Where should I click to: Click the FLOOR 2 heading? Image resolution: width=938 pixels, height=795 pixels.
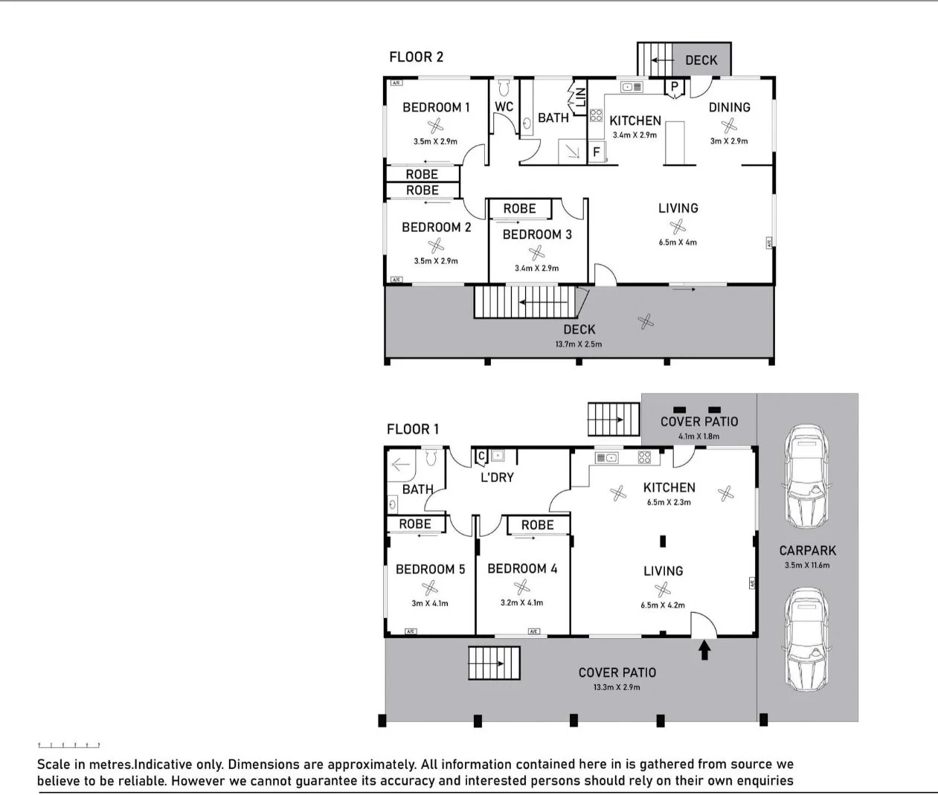click(x=416, y=57)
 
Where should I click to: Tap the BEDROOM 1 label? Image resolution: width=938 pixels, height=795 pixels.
click(x=436, y=107)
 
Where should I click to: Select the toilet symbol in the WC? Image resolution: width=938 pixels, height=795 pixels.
click(x=504, y=88)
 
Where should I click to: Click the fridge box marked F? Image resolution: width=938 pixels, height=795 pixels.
click(x=596, y=152)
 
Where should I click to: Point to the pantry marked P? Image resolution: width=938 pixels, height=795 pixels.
click(x=674, y=88)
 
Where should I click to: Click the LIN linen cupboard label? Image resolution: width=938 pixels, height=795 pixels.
click(x=581, y=97)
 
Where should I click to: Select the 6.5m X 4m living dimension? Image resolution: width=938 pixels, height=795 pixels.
click(x=678, y=242)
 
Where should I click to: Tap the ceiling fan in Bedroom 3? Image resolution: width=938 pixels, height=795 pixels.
click(x=536, y=254)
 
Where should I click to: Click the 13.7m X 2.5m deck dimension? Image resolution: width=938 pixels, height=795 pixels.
click(x=579, y=344)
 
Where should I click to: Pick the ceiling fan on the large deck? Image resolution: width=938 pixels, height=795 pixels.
click(x=646, y=321)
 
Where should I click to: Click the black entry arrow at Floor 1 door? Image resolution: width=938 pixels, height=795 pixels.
click(x=704, y=651)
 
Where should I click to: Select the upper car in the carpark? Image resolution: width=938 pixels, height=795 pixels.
click(x=807, y=477)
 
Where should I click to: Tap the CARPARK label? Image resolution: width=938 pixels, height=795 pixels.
click(x=807, y=550)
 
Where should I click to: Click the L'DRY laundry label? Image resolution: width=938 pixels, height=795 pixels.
click(x=497, y=477)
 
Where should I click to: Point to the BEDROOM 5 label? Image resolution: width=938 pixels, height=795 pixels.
click(x=430, y=569)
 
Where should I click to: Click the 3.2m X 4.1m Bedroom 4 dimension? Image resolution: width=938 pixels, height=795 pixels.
click(x=521, y=602)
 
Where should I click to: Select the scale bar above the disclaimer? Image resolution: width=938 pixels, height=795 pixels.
click(x=68, y=744)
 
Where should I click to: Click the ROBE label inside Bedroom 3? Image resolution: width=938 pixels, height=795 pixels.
click(x=519, y=209)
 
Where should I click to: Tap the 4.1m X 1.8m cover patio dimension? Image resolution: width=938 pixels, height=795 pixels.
click(x=698, y=437)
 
